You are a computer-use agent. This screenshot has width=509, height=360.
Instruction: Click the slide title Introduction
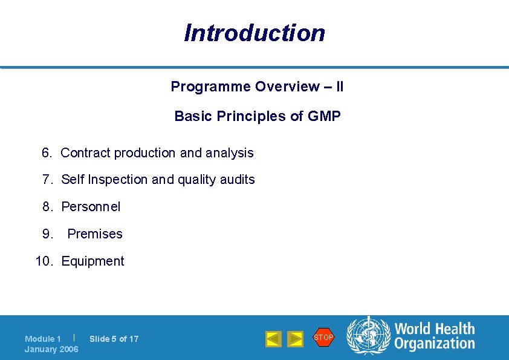click(x=254, y=33)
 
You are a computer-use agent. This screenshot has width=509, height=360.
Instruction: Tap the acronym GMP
click(x=324, y=116)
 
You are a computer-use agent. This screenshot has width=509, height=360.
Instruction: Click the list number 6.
click(x=47, y=153)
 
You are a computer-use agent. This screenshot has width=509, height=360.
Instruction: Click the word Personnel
click(x=91, y=207)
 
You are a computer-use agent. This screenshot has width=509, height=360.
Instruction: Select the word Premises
click(x=95, y=234)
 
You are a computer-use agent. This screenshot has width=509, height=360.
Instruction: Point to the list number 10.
click(x=44, y=261)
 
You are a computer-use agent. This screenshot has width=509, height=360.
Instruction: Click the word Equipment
click(x=92, y=261)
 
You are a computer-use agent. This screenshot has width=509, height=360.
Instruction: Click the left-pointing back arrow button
click(x=273, y=339)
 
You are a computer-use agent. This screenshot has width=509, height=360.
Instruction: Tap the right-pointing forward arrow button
click(x=295, y=339)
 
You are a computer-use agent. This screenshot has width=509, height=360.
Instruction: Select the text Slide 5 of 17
click(x=114, y=339)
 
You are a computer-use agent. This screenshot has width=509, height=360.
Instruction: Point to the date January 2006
click(x=51, y=349)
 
